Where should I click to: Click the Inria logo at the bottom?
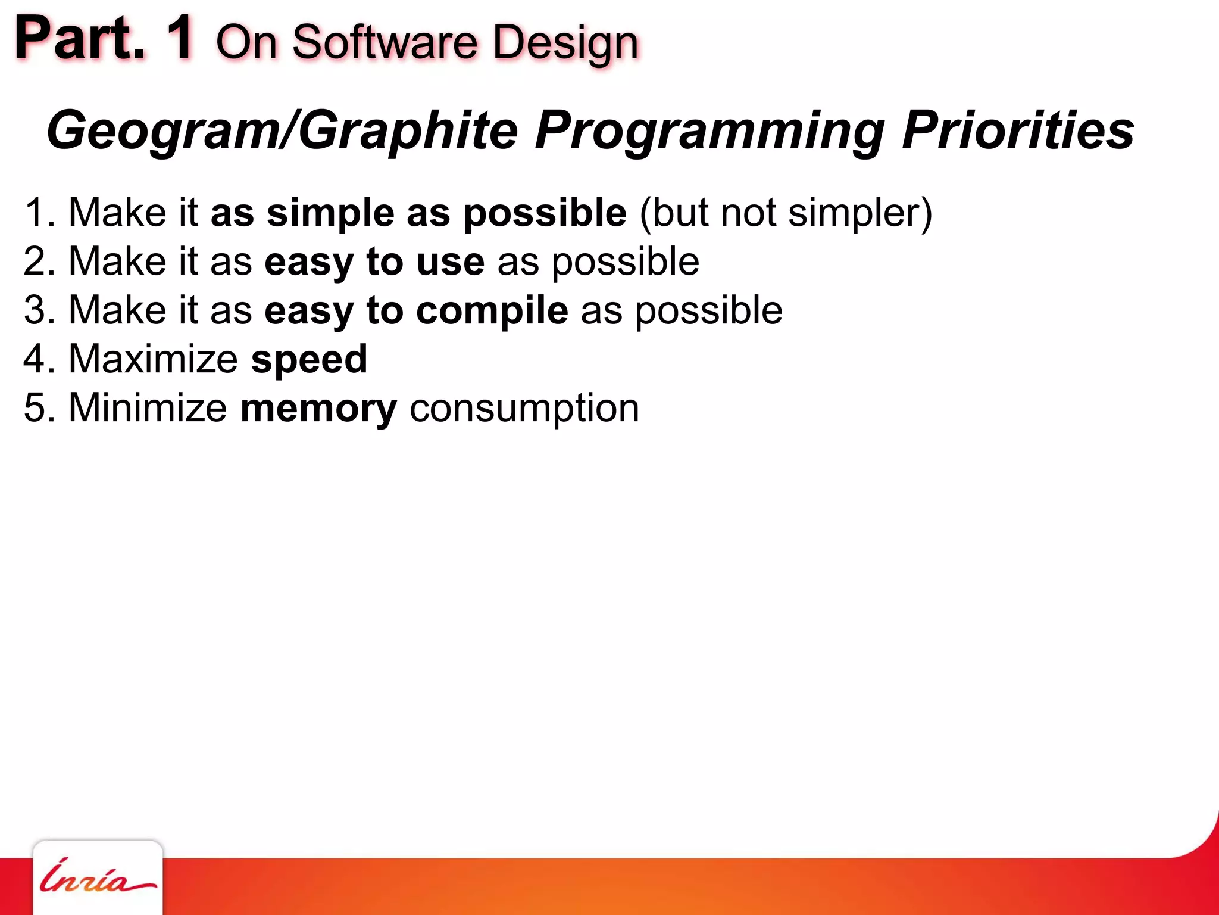pyautogui.click(x=97, y=877)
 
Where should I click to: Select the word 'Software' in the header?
pyautogui.click(x=385, y=43)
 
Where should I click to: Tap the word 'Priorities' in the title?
pyautogui.click(x=1018, y=130)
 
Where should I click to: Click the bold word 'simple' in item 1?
pyautogui.click(x=330, y=213)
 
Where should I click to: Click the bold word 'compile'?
pyautogui.click(x=492, y=311)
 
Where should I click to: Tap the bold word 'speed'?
pyautogui.click(x=309, y=360)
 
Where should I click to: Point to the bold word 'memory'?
pyautogui.click(x=318, y=409)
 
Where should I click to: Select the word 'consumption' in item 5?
pyautogui.click(x=524, y=409)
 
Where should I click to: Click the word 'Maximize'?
pyautogui.click(x=153, y=359)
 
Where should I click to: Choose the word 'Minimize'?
pyautogui.click(x=148, y=408)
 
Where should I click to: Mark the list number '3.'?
pyautogui.click(x=39, y=310)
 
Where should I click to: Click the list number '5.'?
pyautogui.click(x=39, y=408)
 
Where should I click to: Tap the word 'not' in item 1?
pyautogui.click(x=748, y=213)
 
